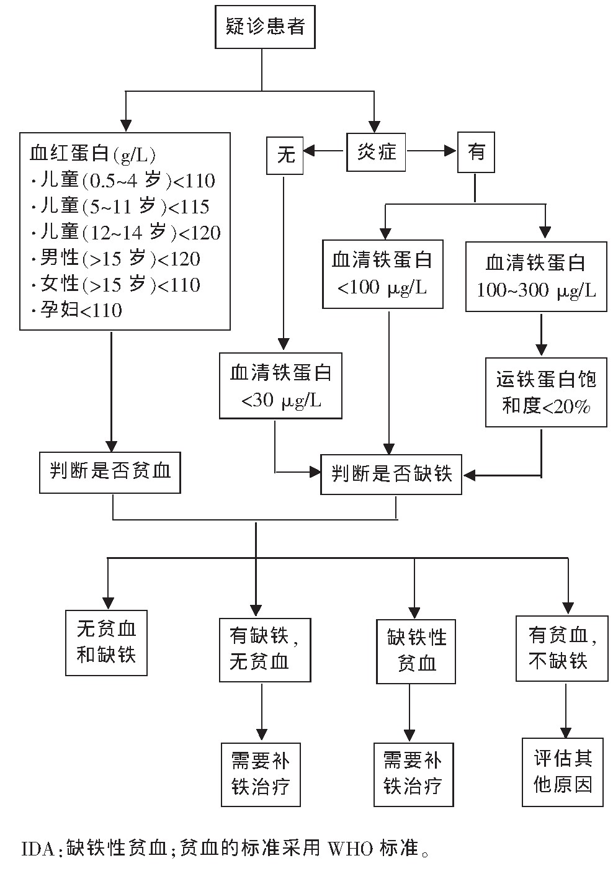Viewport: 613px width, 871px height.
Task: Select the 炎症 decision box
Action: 376,151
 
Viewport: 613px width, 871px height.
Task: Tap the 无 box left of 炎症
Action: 285,154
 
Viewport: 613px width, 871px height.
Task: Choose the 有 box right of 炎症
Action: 476,153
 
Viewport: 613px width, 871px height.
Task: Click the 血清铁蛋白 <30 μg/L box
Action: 280,385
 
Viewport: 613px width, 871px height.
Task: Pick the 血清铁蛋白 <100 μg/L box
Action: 382,274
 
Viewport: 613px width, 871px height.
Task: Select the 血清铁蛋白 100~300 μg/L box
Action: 536,275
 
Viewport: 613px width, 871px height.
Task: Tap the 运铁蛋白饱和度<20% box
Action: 546,391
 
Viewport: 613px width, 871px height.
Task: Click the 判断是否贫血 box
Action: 110,472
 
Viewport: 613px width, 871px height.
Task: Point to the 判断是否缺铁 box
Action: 391,475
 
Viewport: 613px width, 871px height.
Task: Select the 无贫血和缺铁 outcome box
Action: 106,642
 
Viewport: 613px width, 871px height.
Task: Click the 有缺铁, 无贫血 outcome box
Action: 264,649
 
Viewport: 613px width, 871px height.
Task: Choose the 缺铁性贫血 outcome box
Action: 416,650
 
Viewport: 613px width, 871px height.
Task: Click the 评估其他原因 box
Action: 562,771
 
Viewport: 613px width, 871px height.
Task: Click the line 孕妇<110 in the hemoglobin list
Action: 81,310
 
